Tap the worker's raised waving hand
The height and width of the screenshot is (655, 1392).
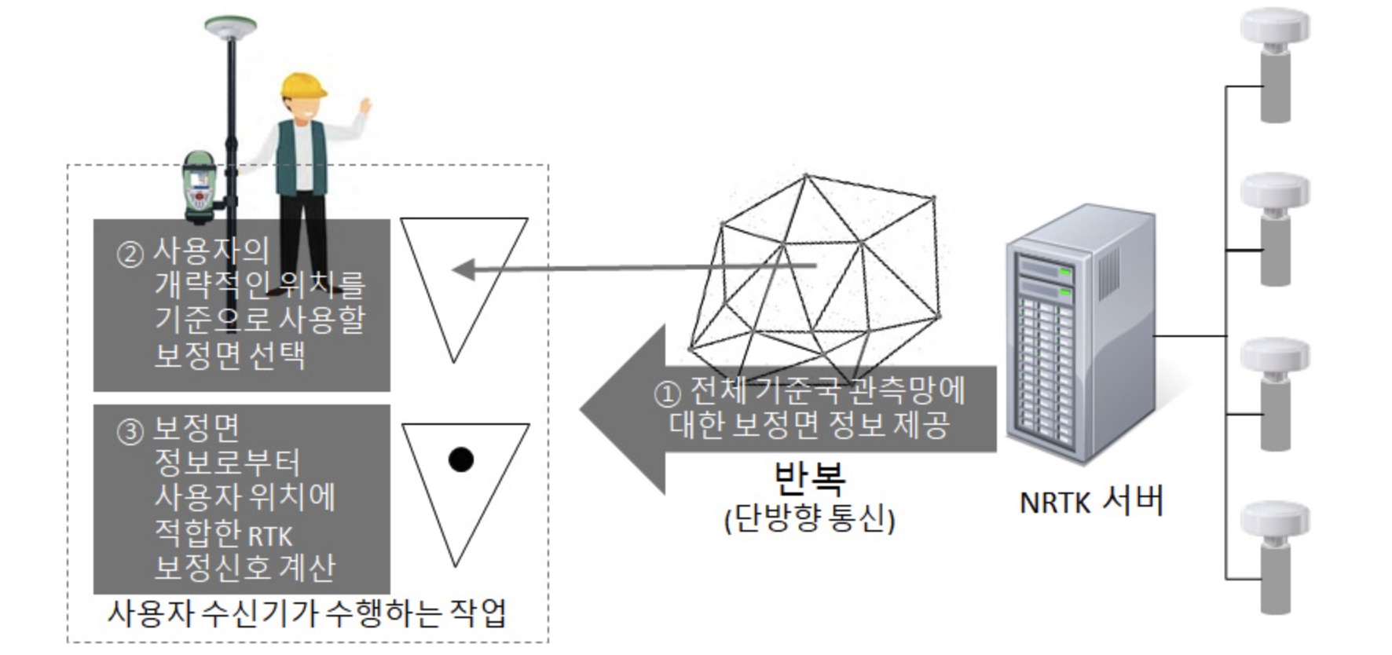[x=364, y=105]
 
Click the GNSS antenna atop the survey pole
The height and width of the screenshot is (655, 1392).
[x=230, y=27]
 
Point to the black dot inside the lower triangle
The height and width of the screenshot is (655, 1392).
[x=461, y=459]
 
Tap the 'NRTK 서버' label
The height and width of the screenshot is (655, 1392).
[x=1091, y=501]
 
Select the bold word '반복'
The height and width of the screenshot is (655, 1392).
[x=809, y=476]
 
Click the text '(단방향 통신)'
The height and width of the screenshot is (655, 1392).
[x=809, y=519]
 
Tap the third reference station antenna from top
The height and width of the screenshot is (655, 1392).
[x=1275, y=393]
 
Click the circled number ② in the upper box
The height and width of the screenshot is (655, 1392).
[x=130, y=254]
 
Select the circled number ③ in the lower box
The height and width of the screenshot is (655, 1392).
[x=130, y=431]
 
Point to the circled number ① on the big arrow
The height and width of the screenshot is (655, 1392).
[x=667, y=393]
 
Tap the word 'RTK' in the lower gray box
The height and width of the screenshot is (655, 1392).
[x=270, y=536]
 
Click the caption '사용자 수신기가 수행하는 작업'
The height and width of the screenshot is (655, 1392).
[x=306, y=613]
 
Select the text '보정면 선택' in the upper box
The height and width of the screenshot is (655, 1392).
[x=229, y=355]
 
